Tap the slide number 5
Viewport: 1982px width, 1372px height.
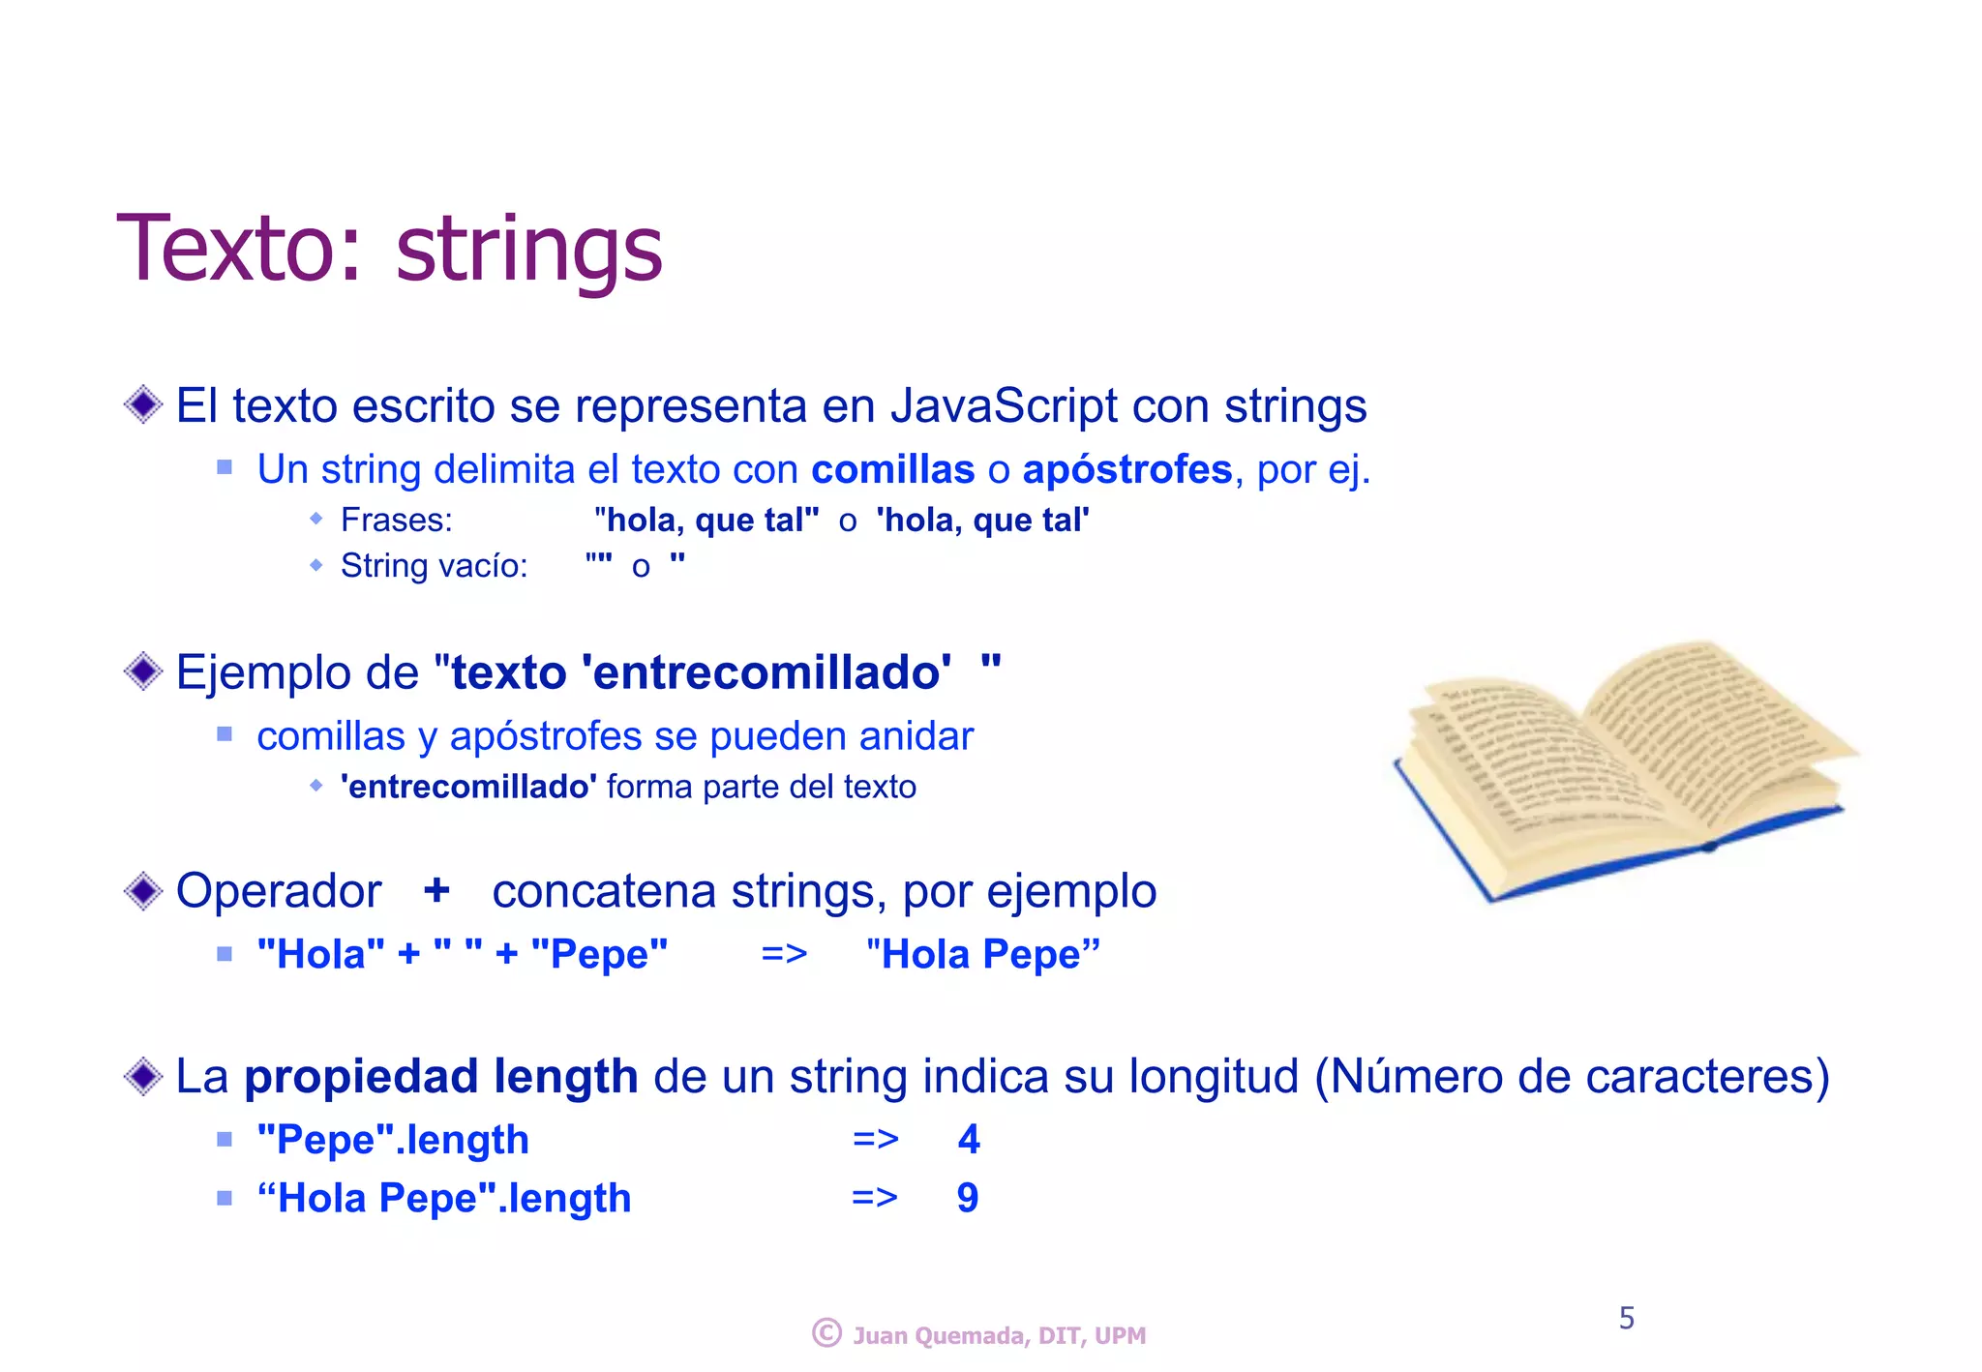(1627, 1318)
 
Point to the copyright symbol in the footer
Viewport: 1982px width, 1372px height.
(826, 1333)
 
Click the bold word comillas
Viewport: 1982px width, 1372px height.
(892, 469)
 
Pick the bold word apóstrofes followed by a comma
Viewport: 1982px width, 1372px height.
(1127, 469)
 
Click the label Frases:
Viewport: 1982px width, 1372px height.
(397, 521)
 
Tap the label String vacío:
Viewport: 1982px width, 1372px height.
(435, 566)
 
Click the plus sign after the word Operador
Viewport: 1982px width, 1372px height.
(436, 889)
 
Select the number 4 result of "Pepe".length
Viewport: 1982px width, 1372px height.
(969, 1140)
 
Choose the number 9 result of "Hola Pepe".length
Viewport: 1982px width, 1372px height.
(968, 1198)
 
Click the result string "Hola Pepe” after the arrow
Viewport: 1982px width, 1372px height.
(983, 955)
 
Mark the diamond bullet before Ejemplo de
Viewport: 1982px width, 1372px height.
(143, 671)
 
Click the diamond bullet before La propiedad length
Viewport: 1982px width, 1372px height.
(143, 1076)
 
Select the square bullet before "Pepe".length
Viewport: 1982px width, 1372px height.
(225, 1140)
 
